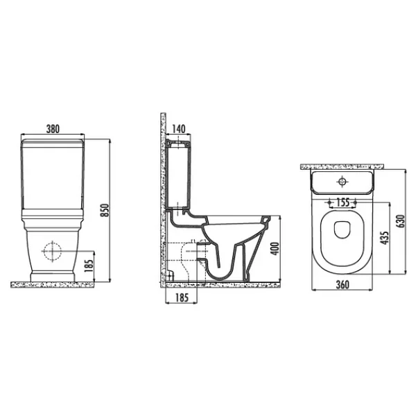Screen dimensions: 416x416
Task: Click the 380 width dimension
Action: [53, 129]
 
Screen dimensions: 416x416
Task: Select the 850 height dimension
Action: [105, 210]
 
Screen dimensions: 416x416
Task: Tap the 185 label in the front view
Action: [89, 266]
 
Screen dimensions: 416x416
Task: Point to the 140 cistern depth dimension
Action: [179, 129]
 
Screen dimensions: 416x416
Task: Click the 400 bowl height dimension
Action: [276, 249]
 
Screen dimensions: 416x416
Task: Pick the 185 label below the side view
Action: [182, 297]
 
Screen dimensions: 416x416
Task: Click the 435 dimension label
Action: [385, 238]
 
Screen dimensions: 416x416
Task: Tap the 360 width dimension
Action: [343, 285]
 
